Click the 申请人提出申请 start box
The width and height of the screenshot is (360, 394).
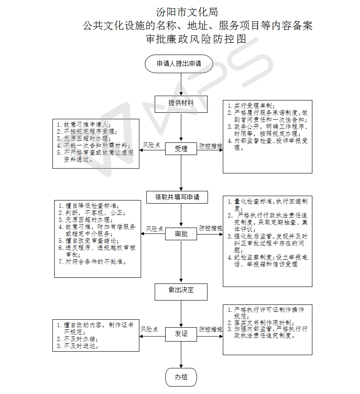click(x=179, y=64)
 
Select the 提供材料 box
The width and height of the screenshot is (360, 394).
click(x=181, y=104)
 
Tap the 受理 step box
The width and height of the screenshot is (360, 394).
click(x=181, y=149)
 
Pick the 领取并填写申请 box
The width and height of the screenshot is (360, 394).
click(x=177, y=197)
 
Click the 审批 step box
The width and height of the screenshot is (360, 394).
click(x=181, y=234)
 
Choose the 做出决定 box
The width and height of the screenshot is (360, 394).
click(x=181, y=292)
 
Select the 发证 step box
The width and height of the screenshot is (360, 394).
click(x=181, y=334)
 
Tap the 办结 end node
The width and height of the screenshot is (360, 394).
click(x=181, y=377)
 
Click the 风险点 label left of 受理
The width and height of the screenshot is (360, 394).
click(x=152, y=145)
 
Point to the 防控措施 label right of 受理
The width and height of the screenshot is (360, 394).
click(x=211, y=146)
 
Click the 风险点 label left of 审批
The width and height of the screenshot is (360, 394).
click(x=155, y=229)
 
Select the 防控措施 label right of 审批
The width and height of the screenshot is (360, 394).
click(x=211, y=228)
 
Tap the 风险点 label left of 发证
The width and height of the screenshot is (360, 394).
click(x=149, y=329)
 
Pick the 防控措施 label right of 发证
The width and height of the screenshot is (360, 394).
click(x=211, y=329)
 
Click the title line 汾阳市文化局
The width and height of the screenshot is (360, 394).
click(x=187, y=12)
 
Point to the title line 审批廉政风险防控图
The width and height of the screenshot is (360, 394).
click(x=196, y=39)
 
